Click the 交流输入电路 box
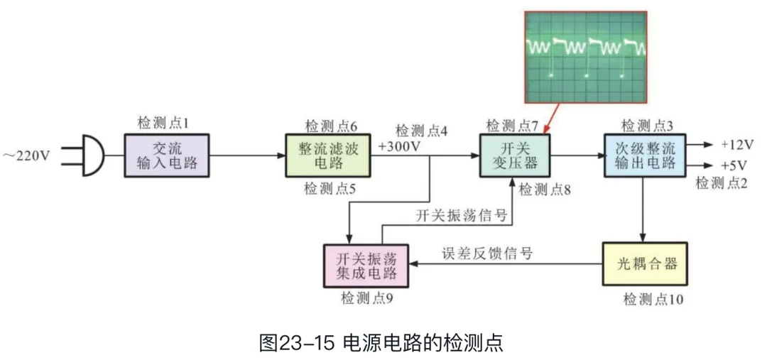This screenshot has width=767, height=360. pos(168,156)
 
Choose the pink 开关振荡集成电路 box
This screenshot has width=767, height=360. pos(367,264)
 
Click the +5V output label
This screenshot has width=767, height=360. pos(734,165)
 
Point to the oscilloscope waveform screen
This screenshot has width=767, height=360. pos(585,57)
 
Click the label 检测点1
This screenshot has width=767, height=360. pos(163,124)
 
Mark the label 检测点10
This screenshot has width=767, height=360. pos(653,299)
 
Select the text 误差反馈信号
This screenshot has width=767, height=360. pos(488,253)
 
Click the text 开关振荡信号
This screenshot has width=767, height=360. pos(462,216)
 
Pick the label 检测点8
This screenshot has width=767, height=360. pos(546,190)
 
